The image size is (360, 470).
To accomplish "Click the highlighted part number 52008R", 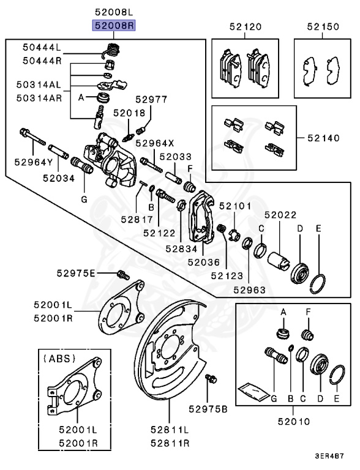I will pyautogui.click(x=114, y=26).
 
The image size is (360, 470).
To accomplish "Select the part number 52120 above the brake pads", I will pyautogui.click(x=246, y=27).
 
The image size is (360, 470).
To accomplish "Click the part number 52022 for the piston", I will pyautogui.click(x=280, y=215).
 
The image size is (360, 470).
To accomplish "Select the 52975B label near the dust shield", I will pyautogui.click(x=208, y=408).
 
